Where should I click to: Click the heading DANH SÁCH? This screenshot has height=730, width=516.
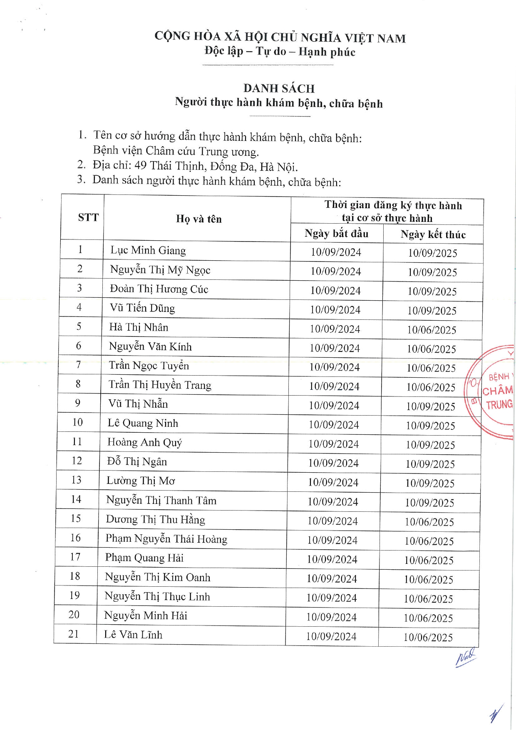[279, 88]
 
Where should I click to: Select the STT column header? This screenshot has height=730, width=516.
[88, 217]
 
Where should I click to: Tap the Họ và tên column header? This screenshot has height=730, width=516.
[199, 219]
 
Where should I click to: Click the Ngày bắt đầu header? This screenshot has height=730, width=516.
[336, 234]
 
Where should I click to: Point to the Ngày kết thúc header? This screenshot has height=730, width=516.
[433, 234]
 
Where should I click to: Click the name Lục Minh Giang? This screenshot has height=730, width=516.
[148, 250]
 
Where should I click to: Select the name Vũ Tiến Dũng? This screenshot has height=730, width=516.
[142, 308]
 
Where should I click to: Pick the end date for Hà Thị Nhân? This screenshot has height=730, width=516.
[432, 330]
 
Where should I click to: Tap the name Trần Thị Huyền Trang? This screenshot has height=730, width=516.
[160, 385]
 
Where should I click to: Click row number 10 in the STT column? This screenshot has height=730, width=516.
[77, 422]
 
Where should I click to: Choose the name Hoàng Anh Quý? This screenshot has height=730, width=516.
[144, 442]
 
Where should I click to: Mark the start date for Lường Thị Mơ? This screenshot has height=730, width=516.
[333, 483]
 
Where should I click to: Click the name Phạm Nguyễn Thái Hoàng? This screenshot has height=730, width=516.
[166, 539]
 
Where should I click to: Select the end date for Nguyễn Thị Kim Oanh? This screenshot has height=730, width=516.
[429, 580]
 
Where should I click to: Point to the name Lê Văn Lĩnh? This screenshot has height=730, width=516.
[133, 635]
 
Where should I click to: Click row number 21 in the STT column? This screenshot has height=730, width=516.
[74, 634]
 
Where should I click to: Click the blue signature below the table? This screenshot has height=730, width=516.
[465, 658]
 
